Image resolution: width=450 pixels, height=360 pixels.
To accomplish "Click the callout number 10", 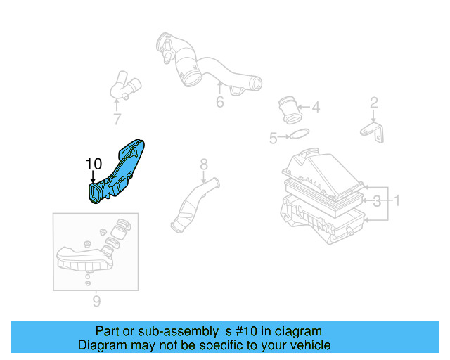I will click(94, 164).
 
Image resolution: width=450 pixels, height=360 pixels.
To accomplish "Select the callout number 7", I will click(117, 119).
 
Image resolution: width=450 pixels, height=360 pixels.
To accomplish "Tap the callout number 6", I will click(219, 103).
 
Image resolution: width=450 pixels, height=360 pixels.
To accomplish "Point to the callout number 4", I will click(316, 108).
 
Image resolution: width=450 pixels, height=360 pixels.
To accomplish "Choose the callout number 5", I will click(274, 139).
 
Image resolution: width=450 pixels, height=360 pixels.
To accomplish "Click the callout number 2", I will click(374, 103).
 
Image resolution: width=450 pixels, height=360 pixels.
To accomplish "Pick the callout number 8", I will click(204, 165).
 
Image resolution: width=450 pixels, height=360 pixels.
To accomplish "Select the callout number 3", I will click(378, 202).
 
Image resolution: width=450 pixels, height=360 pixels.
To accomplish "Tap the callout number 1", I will click(397, 202).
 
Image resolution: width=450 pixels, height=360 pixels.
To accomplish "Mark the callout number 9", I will click(96, 302).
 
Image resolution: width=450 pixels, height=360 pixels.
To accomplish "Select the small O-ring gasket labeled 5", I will click(299, 135).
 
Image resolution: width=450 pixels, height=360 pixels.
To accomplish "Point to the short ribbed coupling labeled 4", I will click(288, 109).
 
